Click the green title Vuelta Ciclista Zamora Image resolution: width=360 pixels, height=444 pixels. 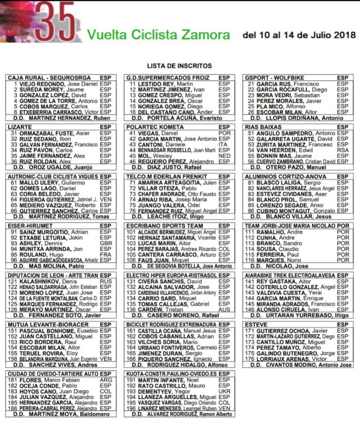click(159, 34)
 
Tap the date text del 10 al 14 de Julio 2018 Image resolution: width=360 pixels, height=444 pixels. click(299, 35)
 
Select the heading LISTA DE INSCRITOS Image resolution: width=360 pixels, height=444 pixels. click(179, 66)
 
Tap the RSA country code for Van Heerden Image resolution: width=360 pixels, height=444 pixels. click(343, 150)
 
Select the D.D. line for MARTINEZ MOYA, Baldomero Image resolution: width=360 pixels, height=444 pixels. click(61, 414)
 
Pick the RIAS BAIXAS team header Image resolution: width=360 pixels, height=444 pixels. click(264, 127)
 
